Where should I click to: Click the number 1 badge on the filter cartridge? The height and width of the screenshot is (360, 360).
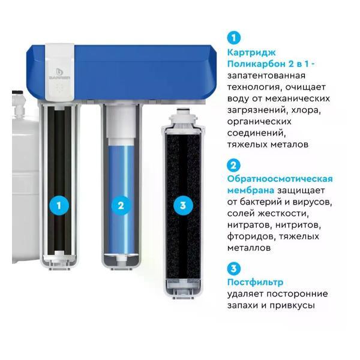tap(59, 205)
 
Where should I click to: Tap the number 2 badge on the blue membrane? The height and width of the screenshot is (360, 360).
tap(121, 205)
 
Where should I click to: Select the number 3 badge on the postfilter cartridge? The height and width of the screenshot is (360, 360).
tap(183, 205)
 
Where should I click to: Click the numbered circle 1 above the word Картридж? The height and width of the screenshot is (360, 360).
tap(234, 38)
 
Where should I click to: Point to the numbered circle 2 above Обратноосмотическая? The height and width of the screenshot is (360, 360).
tap(233, 166)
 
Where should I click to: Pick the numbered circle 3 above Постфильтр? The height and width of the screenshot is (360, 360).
tap(234, 269)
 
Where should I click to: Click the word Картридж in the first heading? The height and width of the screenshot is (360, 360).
tap(251, 53)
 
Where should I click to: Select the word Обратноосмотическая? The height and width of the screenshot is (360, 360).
tap(280, 179)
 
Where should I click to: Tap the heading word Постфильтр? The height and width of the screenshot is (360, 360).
tap(255, 283)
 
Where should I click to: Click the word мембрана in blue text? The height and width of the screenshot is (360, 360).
tap(250, 191)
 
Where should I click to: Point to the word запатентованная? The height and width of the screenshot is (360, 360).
tap(266, 76)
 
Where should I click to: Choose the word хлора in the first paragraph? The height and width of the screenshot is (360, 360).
tap(306, 110)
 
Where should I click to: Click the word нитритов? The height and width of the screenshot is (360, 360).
tap(298, 225)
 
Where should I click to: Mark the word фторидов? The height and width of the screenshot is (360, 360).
tap(251, 237)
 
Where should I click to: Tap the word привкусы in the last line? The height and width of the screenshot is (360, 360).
tap(292, 306)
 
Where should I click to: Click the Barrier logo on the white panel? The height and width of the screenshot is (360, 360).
tap(59, 74)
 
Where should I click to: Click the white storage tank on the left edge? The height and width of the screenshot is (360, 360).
tap(25, 191)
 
